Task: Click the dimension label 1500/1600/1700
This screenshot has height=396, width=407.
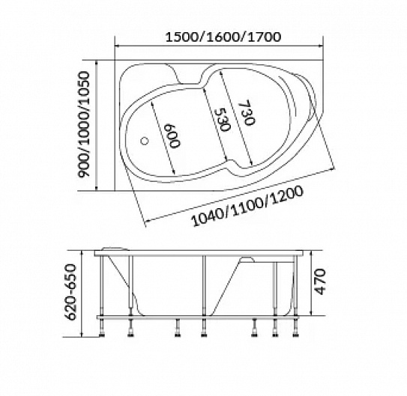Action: pos(223,37)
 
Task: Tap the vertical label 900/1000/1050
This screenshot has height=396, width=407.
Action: pos(84,124)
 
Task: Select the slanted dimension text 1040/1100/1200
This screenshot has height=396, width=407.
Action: pos(247,207)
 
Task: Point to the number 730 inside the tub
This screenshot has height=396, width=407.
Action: pos(247,112)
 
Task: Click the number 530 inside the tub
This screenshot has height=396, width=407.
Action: pos(222,120)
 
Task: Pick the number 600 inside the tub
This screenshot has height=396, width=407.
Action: pos(172,135)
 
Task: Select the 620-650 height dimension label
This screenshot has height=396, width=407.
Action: pos(70,291)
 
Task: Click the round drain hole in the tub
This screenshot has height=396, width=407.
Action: pos(145,141)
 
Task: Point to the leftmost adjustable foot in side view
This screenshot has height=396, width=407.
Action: pos(102,328)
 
